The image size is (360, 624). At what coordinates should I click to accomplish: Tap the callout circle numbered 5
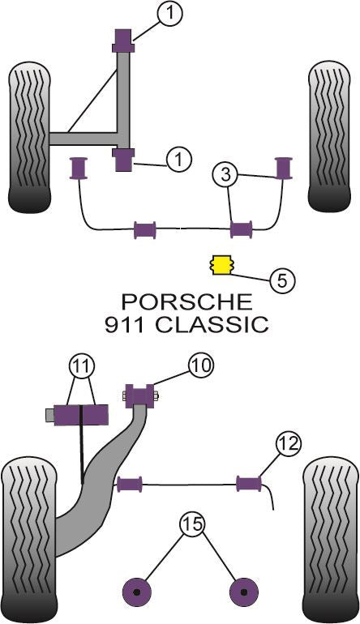click(x=281, y=280)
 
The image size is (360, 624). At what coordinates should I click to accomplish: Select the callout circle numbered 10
click(x=201, y=366)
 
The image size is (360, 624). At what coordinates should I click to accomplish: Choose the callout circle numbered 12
click(x=288, y=443)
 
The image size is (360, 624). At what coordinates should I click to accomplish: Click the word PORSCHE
click(x=186, y=302)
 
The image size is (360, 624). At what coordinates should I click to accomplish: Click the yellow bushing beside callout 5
click(x=220, y=263)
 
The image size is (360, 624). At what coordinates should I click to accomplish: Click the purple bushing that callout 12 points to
click(x=249, y=484)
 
